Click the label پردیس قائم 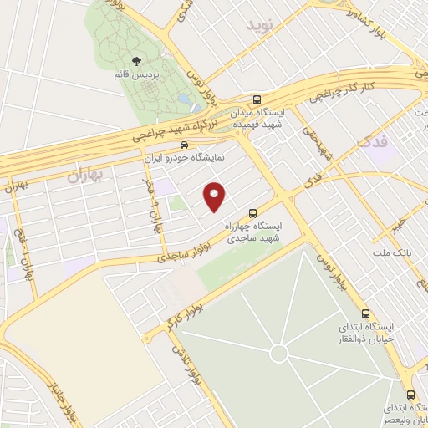coord(135,74)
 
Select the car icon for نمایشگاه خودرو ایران coord(172,144)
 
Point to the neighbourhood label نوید coord(261,25)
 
